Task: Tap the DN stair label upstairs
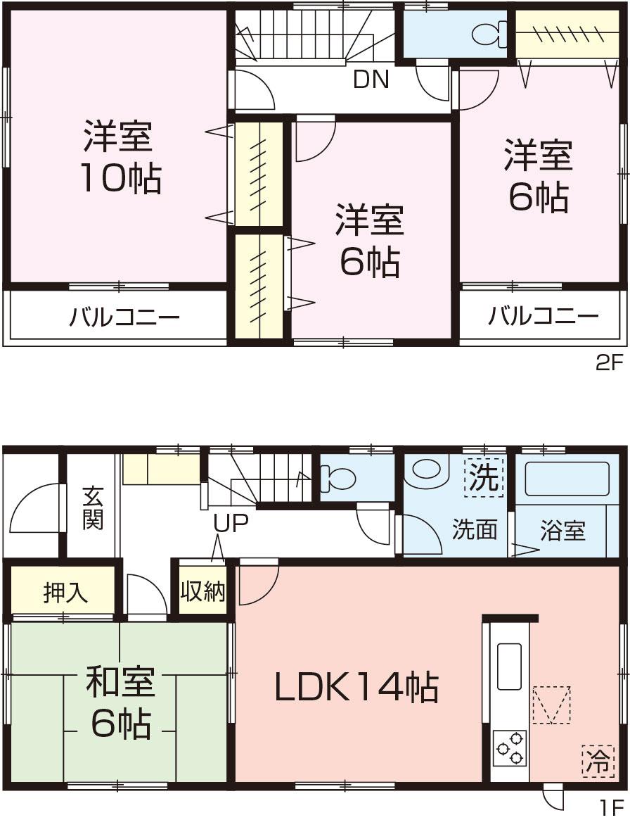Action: pos(371,80)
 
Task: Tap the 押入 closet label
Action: pos(65,593)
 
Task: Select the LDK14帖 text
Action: pos(356,688)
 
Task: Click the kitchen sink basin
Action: pos(509,666)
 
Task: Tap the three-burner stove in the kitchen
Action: pos(509,747)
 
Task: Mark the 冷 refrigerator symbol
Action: pos(596,761)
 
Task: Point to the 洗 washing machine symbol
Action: pos(484,479)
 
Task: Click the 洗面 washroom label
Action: pos(475,529)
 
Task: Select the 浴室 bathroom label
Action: pos(562,530)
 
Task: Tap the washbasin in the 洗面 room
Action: pos(426,469)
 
